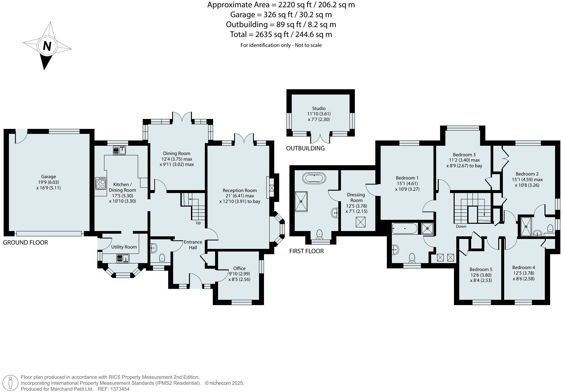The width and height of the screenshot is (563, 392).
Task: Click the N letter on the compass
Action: (x=47, y=46)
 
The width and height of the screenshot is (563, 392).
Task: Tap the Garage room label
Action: (x=49, y=176)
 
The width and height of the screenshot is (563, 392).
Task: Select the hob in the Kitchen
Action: (x=101, y=183)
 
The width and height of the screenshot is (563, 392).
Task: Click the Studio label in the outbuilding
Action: (x=319, y=108)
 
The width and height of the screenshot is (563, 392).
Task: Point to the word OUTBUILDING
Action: (x=305, y=148)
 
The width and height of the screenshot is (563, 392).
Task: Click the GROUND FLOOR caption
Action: (x=25, y=243)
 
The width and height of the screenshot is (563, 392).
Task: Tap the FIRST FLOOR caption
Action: (x=306, y=251)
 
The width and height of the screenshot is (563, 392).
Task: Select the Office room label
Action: (x=239, y=268)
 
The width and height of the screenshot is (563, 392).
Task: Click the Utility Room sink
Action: (x=123, y=258)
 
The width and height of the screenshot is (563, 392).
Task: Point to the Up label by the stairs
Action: (x=198, y=223)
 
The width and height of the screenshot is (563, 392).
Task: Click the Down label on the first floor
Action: (x=461, y=226)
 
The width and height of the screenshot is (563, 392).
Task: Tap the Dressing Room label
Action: (x=356, y=197)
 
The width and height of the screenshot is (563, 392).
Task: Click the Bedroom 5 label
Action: (x=481, y=269)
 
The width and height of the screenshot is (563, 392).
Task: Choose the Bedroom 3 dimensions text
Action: (x=464, y=163)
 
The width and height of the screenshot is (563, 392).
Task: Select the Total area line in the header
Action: (x=281, y=34)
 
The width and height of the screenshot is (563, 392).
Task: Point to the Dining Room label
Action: (x=176, y=153)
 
